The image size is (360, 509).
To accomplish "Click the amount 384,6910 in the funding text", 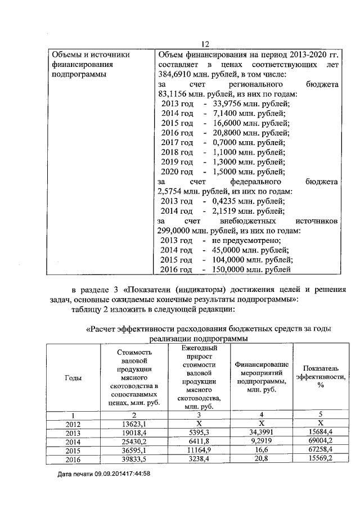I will pyautogui.click(x=175, y=75).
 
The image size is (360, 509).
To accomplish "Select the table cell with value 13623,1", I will pyautogui.click(x=133, y=424).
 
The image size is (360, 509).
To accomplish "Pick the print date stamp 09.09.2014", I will pyautogui.click(x=111, y=474).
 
